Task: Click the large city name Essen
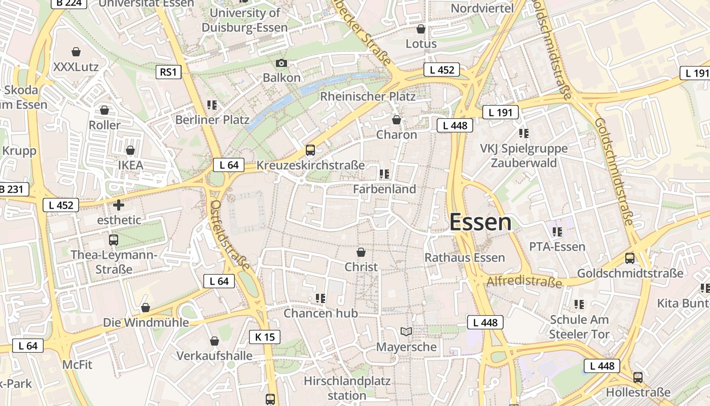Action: pos(480,222)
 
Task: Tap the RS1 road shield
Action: pos(168,72)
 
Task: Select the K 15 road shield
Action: pos(264,336)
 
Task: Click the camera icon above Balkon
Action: pos(281,63)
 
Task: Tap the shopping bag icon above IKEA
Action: pos(130,151)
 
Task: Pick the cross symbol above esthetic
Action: pos(119,205)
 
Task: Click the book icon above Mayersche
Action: pos(406,332)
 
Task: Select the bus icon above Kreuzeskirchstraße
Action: pos(310,150)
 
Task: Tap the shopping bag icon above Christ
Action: pos(361,252)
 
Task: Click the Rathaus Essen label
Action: pos(465,257)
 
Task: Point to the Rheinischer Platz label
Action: pos(368,96)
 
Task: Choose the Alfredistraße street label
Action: pos(524,281)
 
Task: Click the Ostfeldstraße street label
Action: pos(230,234)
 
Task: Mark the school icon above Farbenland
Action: pos(384,174)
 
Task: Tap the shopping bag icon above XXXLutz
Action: pos(76,52)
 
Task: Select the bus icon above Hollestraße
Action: pos(638,378)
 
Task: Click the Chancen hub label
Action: pos(321,313)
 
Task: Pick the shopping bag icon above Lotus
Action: pos(420,29)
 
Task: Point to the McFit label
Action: pos(78,364)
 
